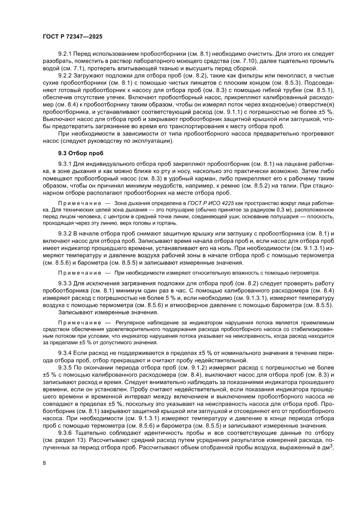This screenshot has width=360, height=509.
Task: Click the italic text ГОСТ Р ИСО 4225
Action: (x=209, y=203)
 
